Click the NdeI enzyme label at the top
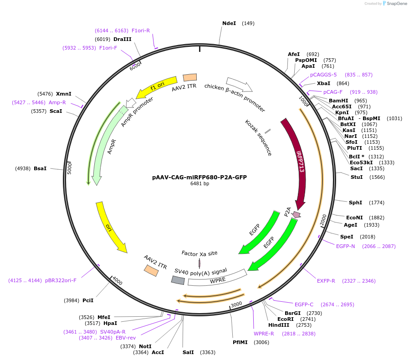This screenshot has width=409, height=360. (x=229, y=23)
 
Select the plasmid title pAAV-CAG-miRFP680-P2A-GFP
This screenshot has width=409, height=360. (x=199, y=177)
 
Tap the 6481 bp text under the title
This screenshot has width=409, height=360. (x=199, y=184)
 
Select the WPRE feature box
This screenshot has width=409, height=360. (x=217, y=279)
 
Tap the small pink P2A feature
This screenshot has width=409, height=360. (x=297, y=214)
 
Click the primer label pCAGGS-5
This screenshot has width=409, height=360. (x=323, y=75)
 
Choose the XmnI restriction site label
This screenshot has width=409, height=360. (x=64, y=94)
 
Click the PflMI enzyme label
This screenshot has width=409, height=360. (x=240, y=342)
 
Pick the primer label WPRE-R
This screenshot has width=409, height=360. (x=264, y=334)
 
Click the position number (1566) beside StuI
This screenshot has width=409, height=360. (x=377, y=177)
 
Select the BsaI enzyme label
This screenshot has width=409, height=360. (x=40, y=168)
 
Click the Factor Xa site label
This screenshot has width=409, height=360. (x=199, y=253)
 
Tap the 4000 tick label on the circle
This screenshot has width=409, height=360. (x=118, y=281)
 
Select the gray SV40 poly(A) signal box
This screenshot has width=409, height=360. (x=178, y=280)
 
